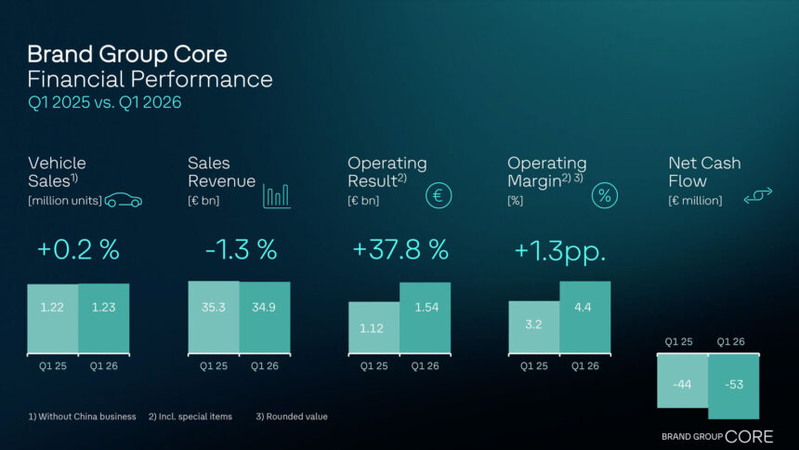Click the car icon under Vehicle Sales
click(124, 200)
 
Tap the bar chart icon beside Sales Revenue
click(276, 194)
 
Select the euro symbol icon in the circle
click(439, 195)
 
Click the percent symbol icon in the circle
click(605, 195)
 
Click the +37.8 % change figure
click(399, 250)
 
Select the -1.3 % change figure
click(241, 250)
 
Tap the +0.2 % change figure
click(79, 250)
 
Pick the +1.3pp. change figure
click(559, 250)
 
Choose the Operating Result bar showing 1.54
click(425, 317)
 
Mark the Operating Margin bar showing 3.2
click(533, 326)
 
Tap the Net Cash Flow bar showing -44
click(682, 381)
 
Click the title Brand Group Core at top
click(126, 54)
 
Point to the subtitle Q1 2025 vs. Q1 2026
click(104, 102)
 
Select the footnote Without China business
click(82, 417)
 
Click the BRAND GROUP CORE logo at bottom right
click(716, 436)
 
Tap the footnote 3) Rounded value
click(292, 417)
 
